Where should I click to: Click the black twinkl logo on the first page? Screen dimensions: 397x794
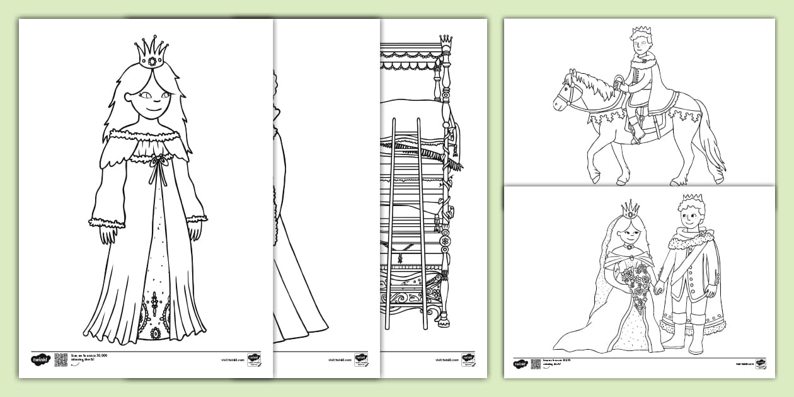[x=39, y=359]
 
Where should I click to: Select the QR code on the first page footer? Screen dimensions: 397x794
[x=60, y=359]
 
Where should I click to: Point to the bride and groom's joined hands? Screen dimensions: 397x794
[x=659, y=289]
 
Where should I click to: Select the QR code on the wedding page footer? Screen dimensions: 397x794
[x=535, y=364]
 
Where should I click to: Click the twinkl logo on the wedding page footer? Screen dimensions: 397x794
[x=519, y=364]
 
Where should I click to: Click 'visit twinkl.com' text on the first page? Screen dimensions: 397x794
[x=232, y=360]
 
